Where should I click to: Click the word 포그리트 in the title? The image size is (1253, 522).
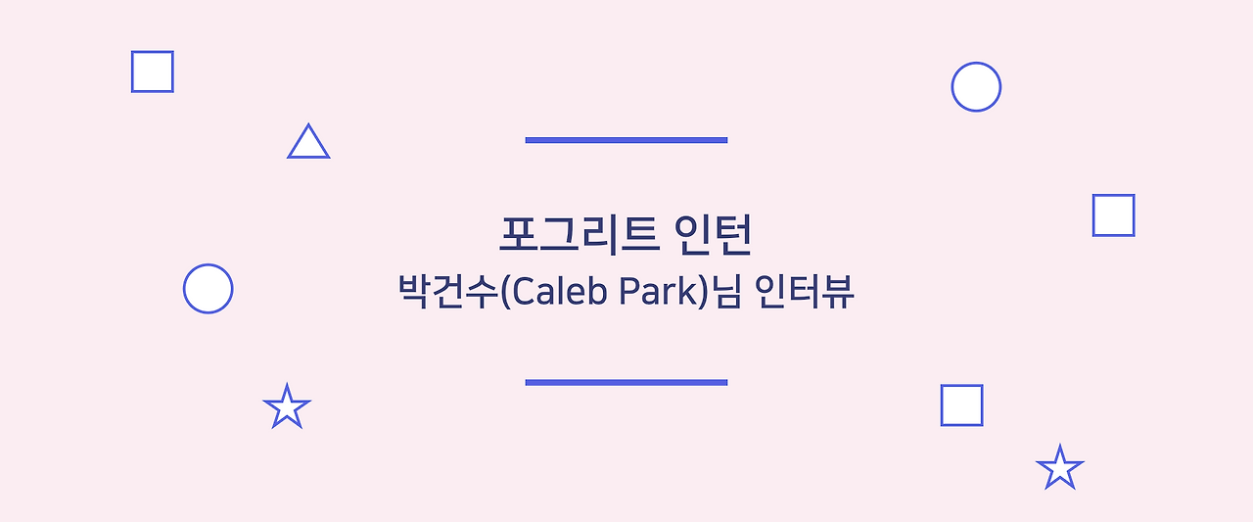(579, 235)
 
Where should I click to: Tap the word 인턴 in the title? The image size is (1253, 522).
(713, 235)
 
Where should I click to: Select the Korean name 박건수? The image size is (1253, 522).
(447, 291)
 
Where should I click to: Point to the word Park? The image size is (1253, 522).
(658, 291)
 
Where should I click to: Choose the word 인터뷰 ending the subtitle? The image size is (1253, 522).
(804, 291)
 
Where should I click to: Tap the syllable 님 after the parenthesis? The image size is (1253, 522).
(725, 291)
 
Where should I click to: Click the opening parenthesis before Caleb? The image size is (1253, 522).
(505, 292)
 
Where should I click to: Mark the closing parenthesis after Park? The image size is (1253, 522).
(703, 292)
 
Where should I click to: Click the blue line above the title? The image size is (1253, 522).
(626, 140)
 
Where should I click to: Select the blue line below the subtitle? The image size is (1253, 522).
(626, 383)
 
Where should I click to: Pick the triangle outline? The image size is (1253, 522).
(308, 157)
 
